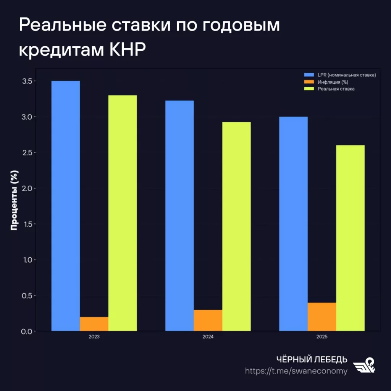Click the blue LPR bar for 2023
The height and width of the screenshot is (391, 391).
click(66, 206)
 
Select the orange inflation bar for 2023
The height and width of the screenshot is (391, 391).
click(94, 324)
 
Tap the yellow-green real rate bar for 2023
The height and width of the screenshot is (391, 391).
click(123, 213)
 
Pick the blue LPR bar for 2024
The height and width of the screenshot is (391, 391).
click(179, 216)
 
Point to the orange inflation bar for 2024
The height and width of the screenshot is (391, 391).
click(208, 320)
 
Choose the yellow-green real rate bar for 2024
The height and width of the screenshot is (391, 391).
click(236, 226)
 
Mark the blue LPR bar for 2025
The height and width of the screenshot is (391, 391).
click(293, 224)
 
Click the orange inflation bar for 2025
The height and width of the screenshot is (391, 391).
click(322, 317)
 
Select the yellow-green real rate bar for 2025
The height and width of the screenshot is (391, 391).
click(350, 238)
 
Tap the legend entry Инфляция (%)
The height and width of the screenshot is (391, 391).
click(333, 82)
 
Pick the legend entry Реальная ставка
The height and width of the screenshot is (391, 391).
click(336, 89)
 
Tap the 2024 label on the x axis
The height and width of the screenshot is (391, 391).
click(208, 338)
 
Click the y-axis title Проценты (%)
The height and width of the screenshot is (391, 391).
click(15, 200)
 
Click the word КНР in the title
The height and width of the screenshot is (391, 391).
click(128, 50)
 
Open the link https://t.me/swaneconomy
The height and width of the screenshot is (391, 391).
click(296, 371)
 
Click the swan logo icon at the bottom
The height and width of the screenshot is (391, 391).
click(364, 365)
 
